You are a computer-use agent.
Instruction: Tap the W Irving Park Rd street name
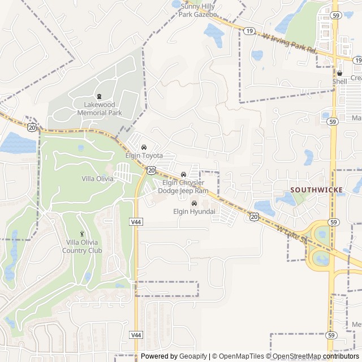pyautogui.click(x=289, y=42)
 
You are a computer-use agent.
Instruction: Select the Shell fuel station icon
pyautogui.click(x=339, y=73)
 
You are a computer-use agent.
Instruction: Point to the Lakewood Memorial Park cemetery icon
pyautogui.click(x=100, y=96)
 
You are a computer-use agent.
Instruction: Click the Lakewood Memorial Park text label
pyautogui.click(x=99, y=109)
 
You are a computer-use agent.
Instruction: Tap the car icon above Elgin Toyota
pyautogui.click(x=144, y=147)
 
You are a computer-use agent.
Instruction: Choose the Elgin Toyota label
pyautogui.click(x=144, y=156)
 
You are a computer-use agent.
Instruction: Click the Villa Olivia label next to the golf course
pyautogui.click(x=97, y=179)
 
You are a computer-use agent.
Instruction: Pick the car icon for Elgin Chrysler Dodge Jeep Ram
pyautogui.click(x=183, y=174)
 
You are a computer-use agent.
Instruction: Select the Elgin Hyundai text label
pyautogui.click(x=194, y=212)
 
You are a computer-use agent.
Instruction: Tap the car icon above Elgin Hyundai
pyautogui.click(x=194, y=204)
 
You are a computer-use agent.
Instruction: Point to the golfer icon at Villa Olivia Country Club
pyautogui.click(x=82, y=234)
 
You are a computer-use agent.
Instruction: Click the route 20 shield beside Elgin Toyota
pyautogui.click(x=152, y=169)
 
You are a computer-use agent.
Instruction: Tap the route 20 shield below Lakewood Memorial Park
pyautogui.click(x=32, y=128)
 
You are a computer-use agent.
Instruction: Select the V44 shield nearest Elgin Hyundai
pyautogui.click(x=136, y=222)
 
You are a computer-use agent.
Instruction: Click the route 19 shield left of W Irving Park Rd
pyautogui.click(x=249, y=32)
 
